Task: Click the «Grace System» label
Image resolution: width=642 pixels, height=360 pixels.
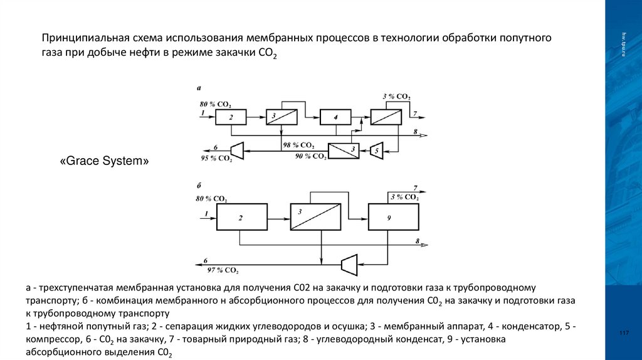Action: pyautogui.click(x=104, y=162)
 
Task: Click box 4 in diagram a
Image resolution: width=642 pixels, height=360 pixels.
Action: pyautogui.click(x=335, y=117)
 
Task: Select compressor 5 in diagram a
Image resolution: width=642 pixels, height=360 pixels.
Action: pyautogui.click(x=376, y=151)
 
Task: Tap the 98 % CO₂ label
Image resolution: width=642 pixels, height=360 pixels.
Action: pyautogui.click(x=298, y=146)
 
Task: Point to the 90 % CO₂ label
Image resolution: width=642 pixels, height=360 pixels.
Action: pyautogui.click(x=310, y=156)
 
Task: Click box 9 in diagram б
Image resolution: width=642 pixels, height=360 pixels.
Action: pyautogui.click(x=393, y=218)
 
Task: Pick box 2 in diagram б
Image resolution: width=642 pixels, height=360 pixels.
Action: pyautogui.click(x=241, y=218)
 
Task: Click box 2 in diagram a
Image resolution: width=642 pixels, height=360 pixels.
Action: pyautogui.click(x=231, y=117)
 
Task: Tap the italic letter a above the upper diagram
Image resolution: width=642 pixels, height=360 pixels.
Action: pyautogui.click(x=199, y=90)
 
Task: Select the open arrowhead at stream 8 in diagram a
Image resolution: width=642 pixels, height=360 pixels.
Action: pyautogui.click(x=424, y=135)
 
